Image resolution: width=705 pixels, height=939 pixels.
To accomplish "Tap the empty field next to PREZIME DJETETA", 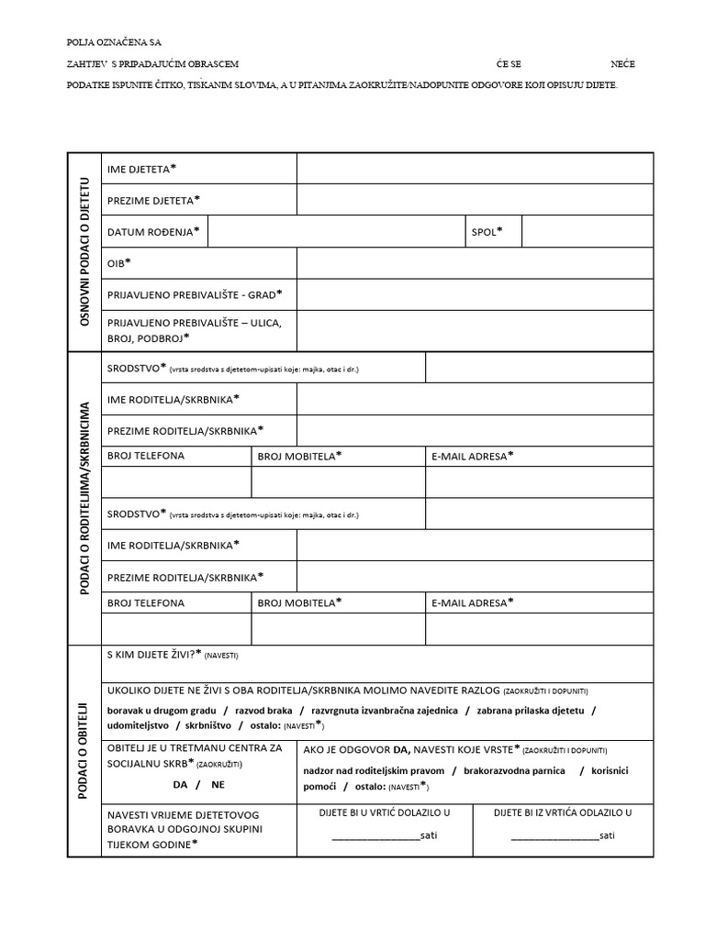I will pos(475,200).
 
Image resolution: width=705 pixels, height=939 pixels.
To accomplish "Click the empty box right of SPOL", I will pos(587,232).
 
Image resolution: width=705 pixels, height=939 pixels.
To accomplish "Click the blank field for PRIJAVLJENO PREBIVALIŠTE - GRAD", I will pos(475,294).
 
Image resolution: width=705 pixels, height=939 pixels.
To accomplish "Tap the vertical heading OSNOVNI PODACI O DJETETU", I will pos(85,252).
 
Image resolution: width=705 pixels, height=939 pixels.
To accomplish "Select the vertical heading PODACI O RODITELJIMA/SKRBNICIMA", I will pos(85,498).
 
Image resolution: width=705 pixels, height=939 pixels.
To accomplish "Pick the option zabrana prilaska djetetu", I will pos(531,710).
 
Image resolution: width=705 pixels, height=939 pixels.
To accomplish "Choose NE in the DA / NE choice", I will pos(218,785).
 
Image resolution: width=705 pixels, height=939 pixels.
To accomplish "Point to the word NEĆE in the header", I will pos(622,64).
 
